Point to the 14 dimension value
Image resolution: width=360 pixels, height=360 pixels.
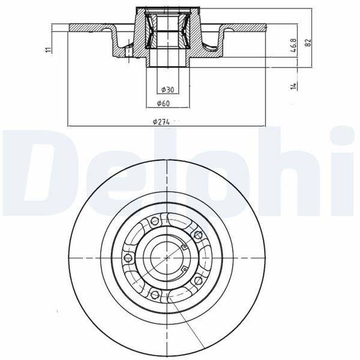[x=293, y=86]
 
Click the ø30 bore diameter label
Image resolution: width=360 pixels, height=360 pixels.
[x=167, y=90]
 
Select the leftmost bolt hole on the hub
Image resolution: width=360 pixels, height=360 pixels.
[x=127, y=258]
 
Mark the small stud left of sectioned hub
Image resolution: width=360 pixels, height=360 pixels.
[x=128, y=52]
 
